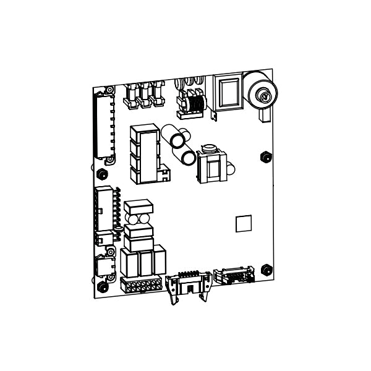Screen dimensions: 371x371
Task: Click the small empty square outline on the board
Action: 244,223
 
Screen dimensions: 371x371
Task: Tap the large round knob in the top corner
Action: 262,93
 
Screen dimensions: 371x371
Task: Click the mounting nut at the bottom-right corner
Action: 267,270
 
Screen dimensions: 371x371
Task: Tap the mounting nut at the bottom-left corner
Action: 102,287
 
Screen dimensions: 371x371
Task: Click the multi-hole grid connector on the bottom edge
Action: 142,286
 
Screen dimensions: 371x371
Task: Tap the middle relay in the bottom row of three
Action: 147,263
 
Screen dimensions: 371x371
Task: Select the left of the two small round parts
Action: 132,218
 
